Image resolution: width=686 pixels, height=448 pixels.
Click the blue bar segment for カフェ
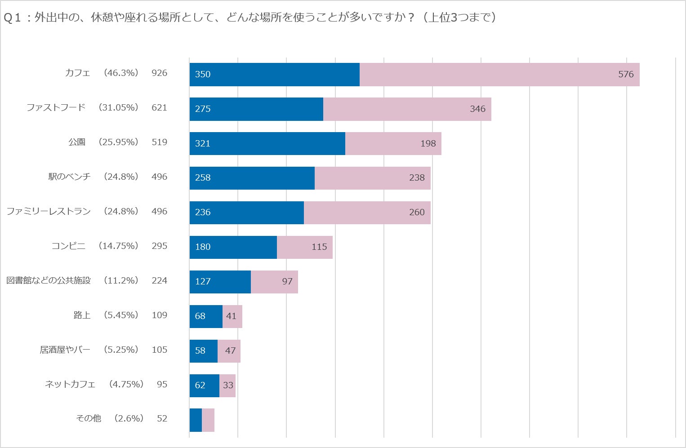(274, 75)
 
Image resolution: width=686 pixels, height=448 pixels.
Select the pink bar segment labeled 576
(499, 75)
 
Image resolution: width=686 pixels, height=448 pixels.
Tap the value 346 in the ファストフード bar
(477, 109)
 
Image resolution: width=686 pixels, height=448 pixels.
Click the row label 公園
(77, 142)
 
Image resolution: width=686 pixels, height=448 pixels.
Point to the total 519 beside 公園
(160, 142)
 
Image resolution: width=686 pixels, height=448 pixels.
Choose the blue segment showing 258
(252, 178)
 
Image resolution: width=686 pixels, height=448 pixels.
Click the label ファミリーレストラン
(49, 211)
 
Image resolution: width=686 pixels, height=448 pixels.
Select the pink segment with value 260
(367, 213)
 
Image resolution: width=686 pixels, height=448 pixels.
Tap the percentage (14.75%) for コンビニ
(119, 246)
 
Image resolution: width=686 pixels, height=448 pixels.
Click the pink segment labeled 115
(305, 247)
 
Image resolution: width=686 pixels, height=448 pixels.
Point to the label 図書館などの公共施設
(49, 280)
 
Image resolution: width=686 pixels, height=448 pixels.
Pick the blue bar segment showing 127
(220, 282)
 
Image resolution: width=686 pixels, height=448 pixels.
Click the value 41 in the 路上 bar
(232, 316)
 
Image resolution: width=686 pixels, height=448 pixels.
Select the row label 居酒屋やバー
(65, 350)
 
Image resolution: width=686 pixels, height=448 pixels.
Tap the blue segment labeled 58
(203, 351)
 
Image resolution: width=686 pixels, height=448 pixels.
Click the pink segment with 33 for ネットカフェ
(227, 386)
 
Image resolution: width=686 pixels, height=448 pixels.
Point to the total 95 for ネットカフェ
(162, 384)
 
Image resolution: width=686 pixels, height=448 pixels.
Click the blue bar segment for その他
(196, 420)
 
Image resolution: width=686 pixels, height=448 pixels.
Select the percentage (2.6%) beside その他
(129, 418)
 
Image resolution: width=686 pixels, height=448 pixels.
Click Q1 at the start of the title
(13, 18)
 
